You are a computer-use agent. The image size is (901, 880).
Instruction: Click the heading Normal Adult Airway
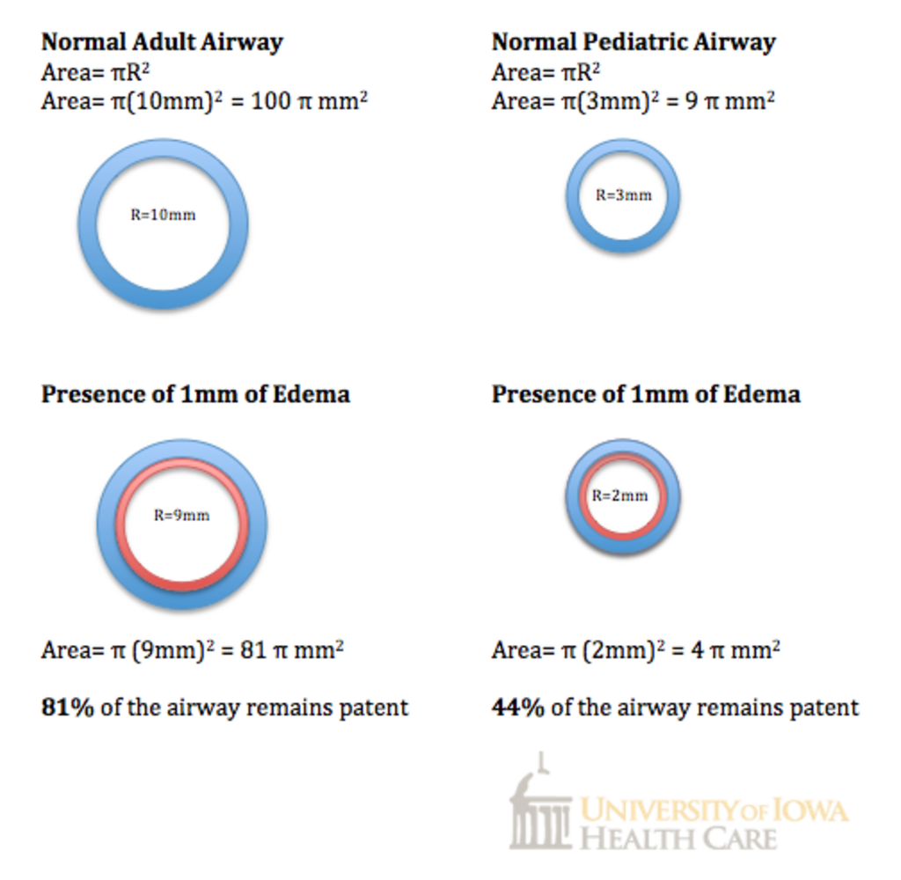click(x=162, y=41)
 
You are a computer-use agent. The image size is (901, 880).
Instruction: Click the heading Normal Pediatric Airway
click(x=633, y=41)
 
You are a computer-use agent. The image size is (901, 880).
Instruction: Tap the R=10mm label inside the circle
click(x=163, y=215)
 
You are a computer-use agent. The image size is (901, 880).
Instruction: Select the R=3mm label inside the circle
click(x=623, y=195)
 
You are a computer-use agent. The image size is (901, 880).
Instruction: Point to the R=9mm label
click(x=181, y=516)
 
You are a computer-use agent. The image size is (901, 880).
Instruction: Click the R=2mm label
click(x=619, y=495)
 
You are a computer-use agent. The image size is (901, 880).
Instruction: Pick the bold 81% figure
click(x=68, y=707)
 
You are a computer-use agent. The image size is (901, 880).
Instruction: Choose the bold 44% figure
click(x=517, y=707)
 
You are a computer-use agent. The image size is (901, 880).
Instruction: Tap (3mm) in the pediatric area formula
click(x=606, y=100)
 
